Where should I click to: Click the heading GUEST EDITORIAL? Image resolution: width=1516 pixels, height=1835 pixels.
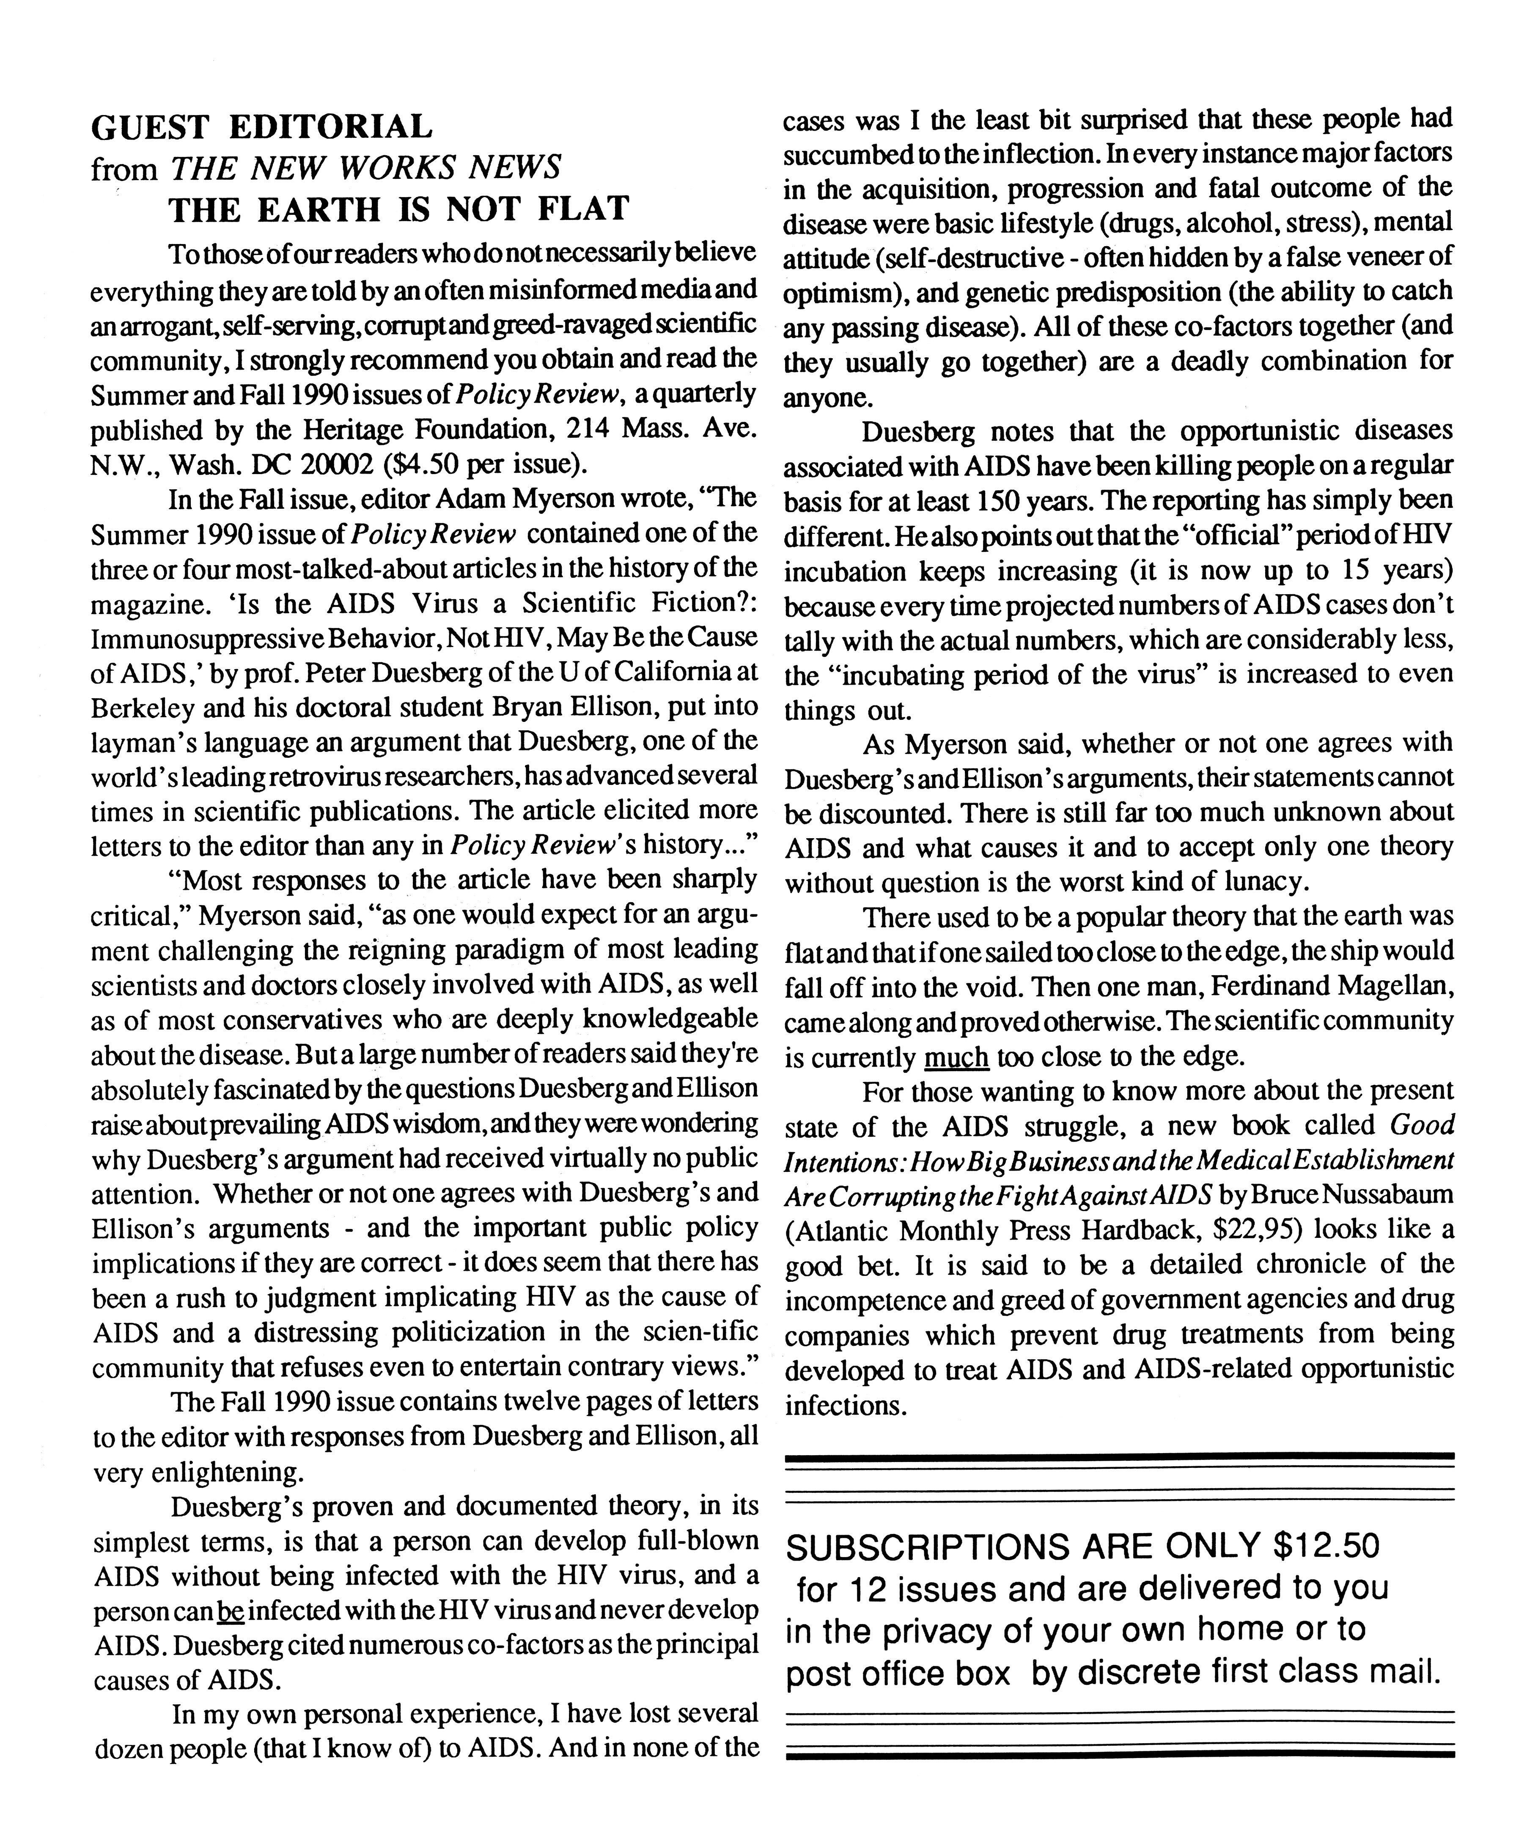pos(262,127)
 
